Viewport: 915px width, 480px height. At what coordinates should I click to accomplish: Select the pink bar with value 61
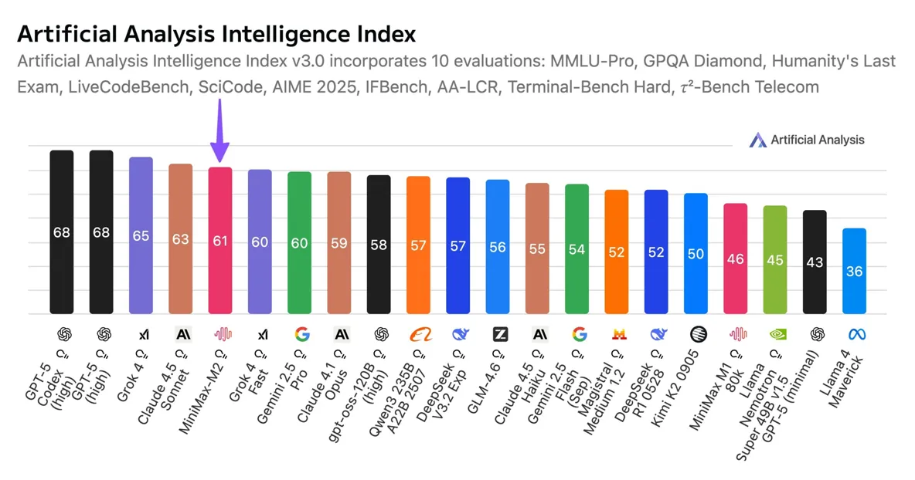(x=220, y=240)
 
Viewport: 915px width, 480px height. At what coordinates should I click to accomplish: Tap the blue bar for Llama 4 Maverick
(x=854, y=271)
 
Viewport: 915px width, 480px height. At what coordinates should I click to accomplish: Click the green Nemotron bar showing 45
(x=775, y=259)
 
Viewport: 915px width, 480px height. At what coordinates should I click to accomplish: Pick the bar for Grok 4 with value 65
(x=141, y=235)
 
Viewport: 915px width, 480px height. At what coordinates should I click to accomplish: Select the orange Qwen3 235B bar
(x=418, y=245)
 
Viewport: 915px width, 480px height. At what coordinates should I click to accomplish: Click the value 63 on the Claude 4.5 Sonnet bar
(x=180, y=239)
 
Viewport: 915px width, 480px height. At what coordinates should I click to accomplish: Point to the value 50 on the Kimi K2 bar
(x=696, y=253)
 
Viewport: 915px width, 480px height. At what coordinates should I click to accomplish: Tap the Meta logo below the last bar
(x=855, y=334)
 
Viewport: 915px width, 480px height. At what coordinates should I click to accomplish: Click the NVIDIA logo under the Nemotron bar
(x=775, y=334)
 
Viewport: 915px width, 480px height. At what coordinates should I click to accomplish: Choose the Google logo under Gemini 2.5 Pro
(x=301, y=334)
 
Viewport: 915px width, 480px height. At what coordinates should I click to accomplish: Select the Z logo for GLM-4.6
(x=500, y=334)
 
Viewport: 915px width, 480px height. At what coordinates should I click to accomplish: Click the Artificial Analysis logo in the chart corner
(x=807, y=140)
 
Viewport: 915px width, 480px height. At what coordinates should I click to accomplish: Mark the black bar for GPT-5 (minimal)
(x=815, y=262)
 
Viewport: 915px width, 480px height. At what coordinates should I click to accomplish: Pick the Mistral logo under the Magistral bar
(x=618, y=334)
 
